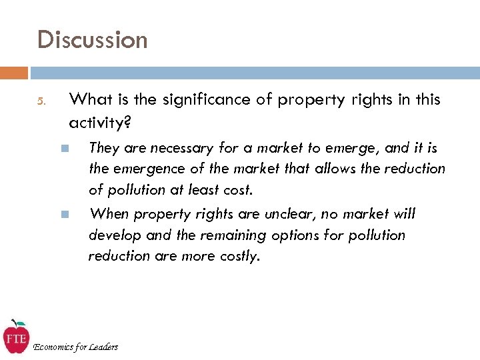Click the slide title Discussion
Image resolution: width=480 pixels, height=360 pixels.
[93, 40]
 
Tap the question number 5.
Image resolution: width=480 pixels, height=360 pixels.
[41, 102]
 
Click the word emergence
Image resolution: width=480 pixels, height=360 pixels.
[147, 169]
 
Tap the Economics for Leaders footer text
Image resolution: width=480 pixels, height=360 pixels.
[75, 347]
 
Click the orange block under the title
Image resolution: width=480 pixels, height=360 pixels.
[14, 73]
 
